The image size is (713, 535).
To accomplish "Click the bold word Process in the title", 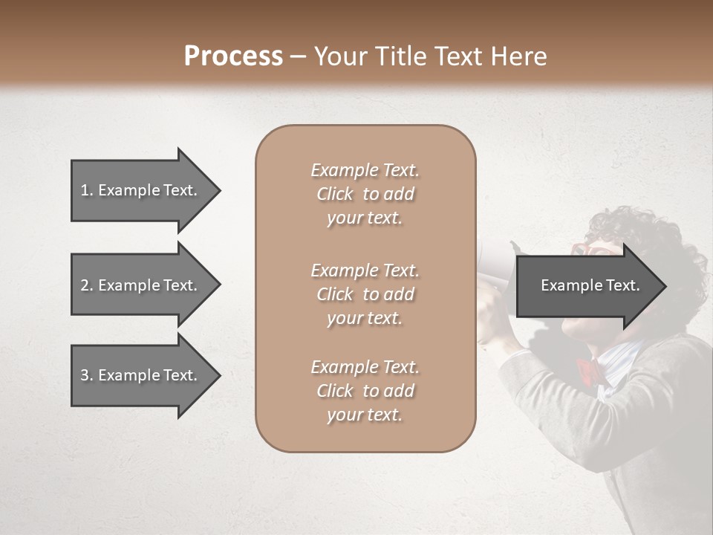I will pos(233,56).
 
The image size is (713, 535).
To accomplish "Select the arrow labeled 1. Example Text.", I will pos(141,190).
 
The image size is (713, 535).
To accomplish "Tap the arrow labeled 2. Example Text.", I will pos(141,285).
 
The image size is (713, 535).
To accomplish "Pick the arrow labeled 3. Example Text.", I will pos(141,375).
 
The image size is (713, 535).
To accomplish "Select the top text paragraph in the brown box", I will pos(365,194).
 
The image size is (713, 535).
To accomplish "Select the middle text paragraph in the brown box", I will pos(365,294).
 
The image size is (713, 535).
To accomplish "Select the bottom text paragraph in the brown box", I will pos(365,391).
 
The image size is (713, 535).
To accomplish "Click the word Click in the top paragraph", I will pos(335,194).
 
